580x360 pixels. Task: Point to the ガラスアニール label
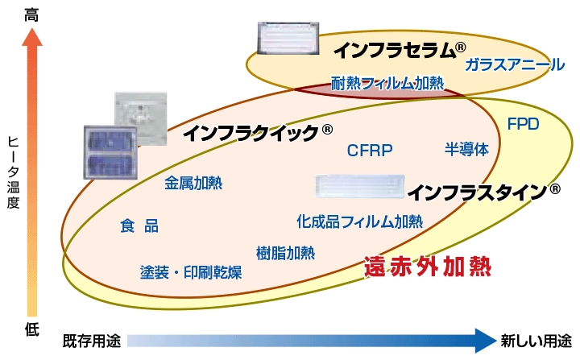[x=514, y=65]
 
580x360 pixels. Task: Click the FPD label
[x=523, y=124]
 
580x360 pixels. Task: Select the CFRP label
[x=369, y=150]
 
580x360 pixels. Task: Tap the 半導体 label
[x=466, y=150]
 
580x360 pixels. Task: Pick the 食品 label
[x=139, y=226]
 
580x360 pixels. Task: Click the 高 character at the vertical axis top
[x=31, y=14]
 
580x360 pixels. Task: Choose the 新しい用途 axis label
[x=536, y=341]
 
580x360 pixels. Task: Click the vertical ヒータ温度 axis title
[x=11, y=172]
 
